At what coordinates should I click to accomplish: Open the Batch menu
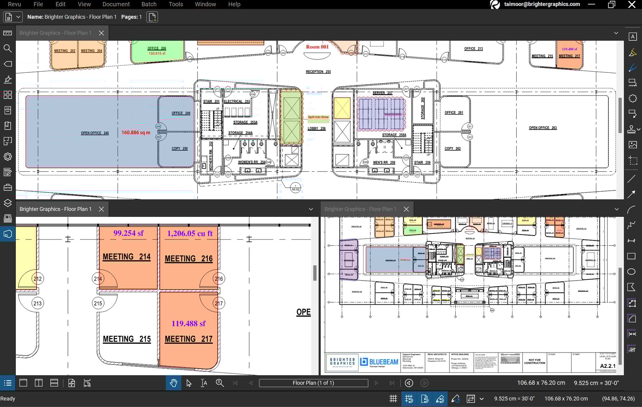(x=149, y=4)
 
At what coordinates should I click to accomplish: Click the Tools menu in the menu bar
(x=176, y=4)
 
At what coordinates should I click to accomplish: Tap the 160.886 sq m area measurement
(x=136, y=133)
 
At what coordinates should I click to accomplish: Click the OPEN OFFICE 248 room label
(x=95, y=133)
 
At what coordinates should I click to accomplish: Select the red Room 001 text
(x=317, y=47)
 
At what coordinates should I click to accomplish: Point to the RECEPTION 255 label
(x=318, y=72)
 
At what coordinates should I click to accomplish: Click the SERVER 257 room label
(x=382, y=93)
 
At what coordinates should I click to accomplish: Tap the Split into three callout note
(x=318, y=117)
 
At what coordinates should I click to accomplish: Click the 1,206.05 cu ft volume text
(x=190, y=233)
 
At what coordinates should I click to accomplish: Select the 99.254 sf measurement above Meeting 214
(x=128, y=233)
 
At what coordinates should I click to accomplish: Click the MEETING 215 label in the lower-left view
(x=127, y=339)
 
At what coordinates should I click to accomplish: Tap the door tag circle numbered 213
(x=37, y=303)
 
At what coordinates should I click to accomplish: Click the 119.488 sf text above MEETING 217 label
(x=188, y=323)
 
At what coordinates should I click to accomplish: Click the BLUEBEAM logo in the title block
(x=379, y=362)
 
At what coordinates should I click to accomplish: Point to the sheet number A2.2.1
(x=608, y=366)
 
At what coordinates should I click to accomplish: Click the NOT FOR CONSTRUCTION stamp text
(x=534, y=361)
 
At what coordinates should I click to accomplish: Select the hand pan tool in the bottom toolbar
(x=173, y=383)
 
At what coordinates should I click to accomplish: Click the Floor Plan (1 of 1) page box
(x=313, y=383)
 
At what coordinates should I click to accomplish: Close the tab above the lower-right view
(x=406, y=209)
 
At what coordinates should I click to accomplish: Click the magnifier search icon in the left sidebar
(x=8, y=48)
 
